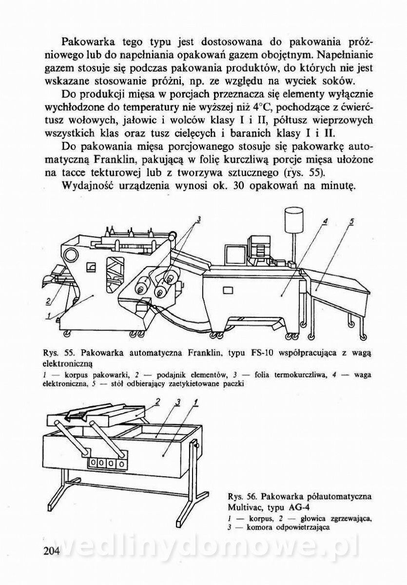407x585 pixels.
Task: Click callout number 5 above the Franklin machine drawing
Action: tap(351, 221)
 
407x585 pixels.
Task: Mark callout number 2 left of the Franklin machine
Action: tap(48, 300)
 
